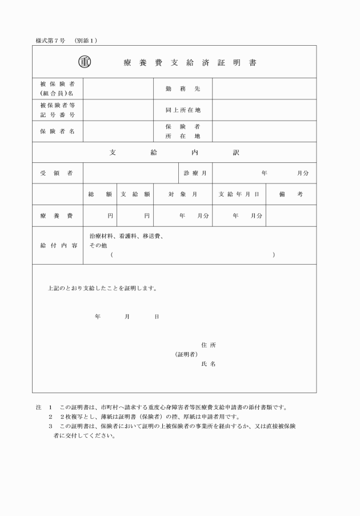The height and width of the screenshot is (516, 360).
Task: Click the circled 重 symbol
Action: pyautogui.click(x=85, y=62)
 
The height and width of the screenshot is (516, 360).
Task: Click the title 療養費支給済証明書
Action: pyautogui.click(x=189, y=62)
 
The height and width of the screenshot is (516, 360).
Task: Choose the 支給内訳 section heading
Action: pyautogui.click(x=174, y=153)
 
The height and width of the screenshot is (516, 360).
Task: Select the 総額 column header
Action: pyautogui.click(x=100, y=194)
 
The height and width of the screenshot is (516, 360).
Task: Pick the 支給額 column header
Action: pyautogui.click(x=135, y=194)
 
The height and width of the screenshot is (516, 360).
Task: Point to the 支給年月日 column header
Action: pyautogui.click(x=239, y=194)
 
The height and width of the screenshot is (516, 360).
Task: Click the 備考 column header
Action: pyautogui.click(x=291, y=194)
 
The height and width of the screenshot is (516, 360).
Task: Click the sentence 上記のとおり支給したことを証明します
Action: pyautogui.click(x=102, y=289)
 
